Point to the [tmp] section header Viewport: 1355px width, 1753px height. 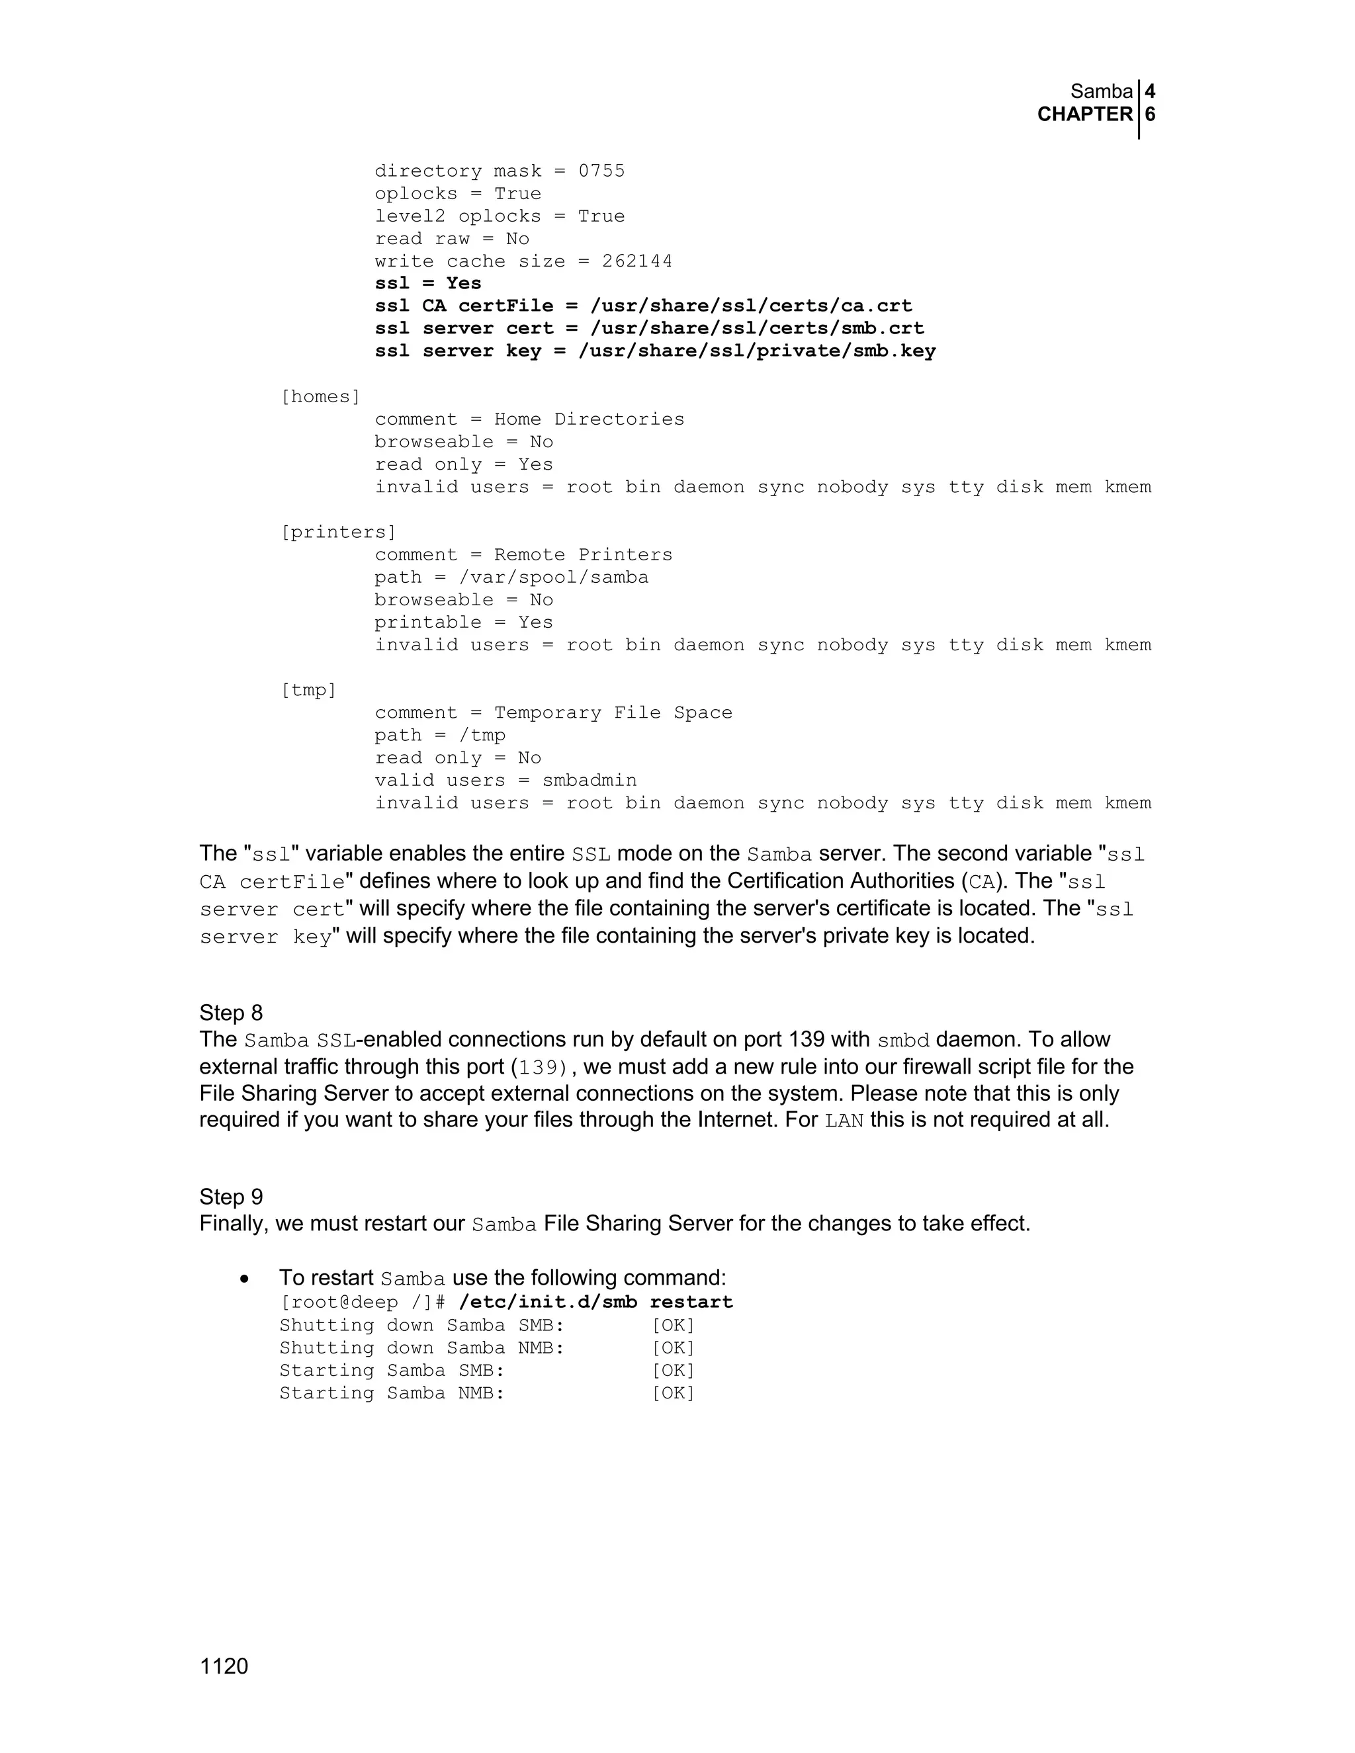coord(308,690)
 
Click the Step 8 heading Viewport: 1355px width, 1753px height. coord(231,1013)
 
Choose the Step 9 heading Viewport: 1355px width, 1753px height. coord(231,1197)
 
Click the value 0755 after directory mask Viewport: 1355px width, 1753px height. coord(601,171)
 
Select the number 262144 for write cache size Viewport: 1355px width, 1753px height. coord(636,262)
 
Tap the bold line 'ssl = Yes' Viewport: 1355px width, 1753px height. coord(428,283)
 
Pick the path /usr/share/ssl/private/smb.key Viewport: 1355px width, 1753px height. coord(756,351)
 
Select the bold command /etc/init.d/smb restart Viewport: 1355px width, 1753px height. coord(595,1302)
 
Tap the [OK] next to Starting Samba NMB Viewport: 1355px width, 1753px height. coord(673,1392)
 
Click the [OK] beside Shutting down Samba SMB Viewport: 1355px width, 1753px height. coord(673,1325)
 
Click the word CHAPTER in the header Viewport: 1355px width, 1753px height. coord(1084,115)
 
